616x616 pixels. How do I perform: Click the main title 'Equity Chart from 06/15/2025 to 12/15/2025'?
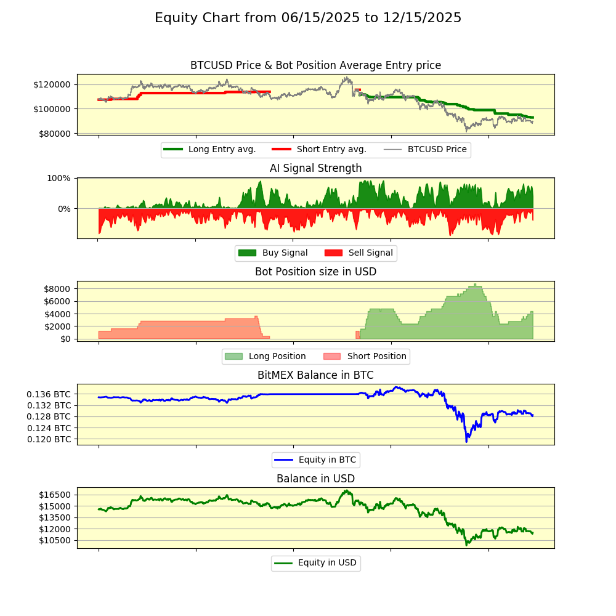[x=308, y=18]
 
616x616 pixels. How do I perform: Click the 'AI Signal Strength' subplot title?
[x=315, y=168]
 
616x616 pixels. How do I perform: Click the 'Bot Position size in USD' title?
[x=315, y=272]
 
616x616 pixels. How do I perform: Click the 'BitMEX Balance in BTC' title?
[x=315, y=375]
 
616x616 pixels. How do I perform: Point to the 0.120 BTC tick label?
[x=49, y=439]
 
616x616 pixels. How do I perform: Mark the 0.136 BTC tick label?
[x=49, y=394]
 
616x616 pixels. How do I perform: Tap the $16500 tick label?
[x=55, y=495]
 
